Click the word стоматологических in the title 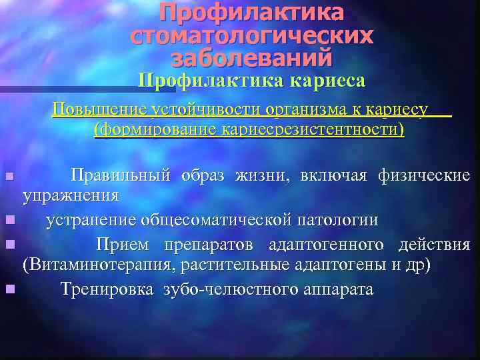point(251,36)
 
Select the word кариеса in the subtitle point(327,81)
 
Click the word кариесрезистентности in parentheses point(308,129)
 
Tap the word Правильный point(122,176)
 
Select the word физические point(424,176)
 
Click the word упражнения point(71,196)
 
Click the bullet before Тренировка point(9,289)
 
